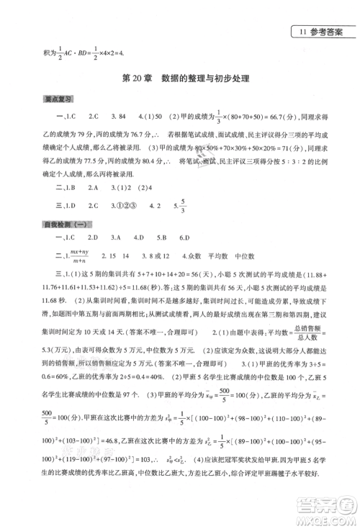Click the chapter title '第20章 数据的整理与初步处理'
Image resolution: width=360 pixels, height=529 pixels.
coord(180,79)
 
